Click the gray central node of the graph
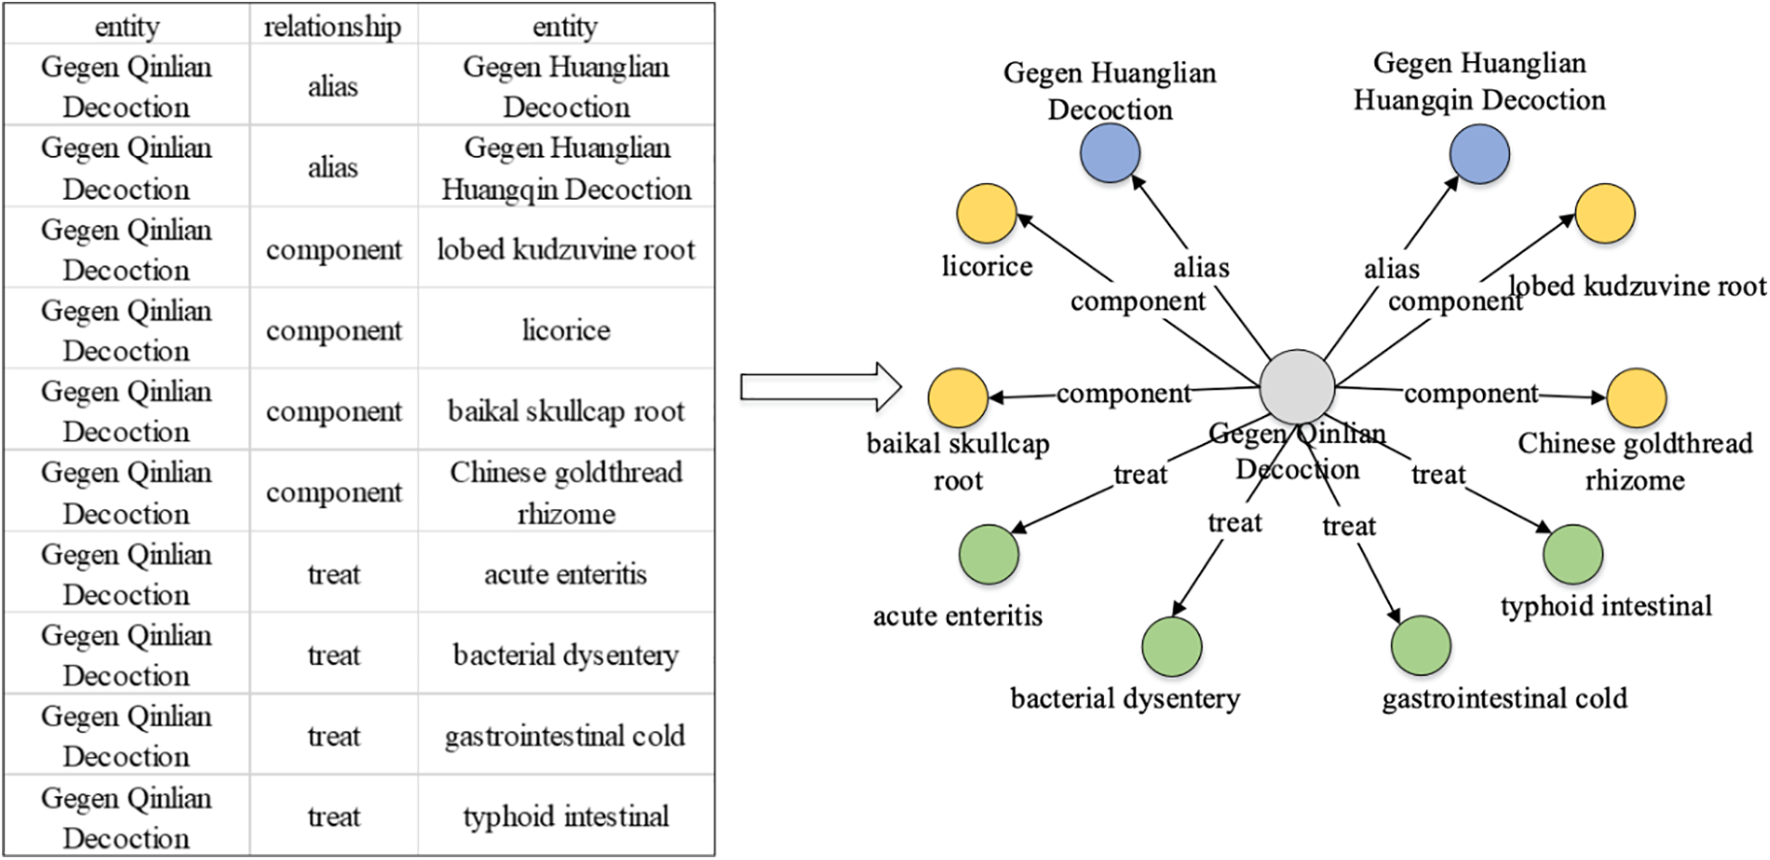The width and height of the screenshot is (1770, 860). click(1296, 387)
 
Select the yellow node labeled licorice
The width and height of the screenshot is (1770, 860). click(986, 214)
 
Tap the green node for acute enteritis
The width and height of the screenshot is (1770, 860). click(989, 554)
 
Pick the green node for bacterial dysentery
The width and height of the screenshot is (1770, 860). click(1172, 646)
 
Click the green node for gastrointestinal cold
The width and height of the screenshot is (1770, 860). click(1421, 645)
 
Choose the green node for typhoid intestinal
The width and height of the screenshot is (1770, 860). click(1572, 554)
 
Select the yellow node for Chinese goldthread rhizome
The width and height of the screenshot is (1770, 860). click(1635, 397)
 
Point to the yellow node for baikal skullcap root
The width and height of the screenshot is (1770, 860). click(957, 397)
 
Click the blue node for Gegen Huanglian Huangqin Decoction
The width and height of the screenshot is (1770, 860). click(1479, 154)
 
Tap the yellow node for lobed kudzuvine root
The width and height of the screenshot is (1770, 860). click(1605, 214)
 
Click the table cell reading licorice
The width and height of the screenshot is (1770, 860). click(566, 330)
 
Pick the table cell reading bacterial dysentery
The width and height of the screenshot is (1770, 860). click(566, 655)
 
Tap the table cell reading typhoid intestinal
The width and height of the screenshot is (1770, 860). click(566, 816)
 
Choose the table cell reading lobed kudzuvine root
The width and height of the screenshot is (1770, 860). click(566, 249)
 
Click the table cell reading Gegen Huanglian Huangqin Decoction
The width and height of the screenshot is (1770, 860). click(566, 168)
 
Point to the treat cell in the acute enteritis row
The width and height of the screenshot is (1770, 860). click(333, 574)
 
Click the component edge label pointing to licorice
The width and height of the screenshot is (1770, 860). click(1137, 301)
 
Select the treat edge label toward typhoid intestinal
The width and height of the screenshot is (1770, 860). click(1437, 475)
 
